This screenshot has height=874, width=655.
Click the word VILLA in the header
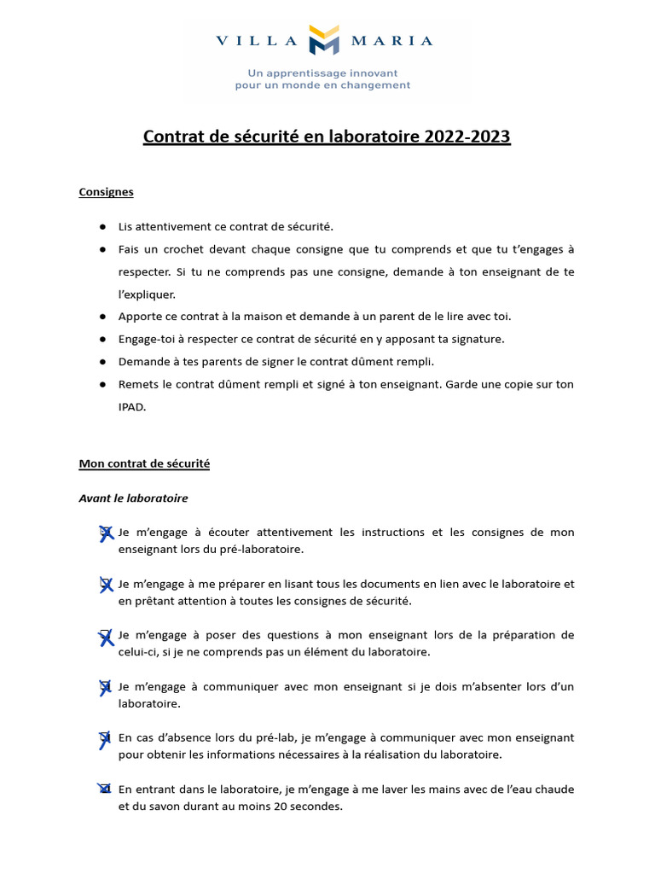[255, 41]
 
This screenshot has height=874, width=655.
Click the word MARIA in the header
[392, 41]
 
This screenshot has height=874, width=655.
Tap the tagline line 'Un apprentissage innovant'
[322, 73]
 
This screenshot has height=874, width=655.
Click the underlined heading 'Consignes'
[106, 192]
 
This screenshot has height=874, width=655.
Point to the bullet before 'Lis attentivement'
[102, 226]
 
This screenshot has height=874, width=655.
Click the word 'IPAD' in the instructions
[132, 407]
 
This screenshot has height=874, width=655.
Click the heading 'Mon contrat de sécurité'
[144, 463]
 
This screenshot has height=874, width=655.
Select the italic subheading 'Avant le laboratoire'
[133, 498]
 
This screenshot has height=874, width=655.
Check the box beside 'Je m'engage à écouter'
[106, 533]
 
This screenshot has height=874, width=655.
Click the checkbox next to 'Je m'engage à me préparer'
[106, 584]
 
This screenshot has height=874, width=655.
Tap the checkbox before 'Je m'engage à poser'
[106, 636]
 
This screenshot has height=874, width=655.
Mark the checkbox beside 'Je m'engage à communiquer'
[106, 687]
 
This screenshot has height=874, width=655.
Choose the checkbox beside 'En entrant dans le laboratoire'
[106, 790]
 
